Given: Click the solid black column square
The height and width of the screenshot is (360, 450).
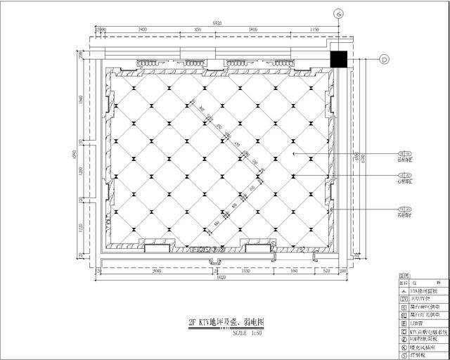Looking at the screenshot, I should click(340, 60).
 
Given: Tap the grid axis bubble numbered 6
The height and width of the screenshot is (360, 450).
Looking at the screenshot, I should click(339, 13).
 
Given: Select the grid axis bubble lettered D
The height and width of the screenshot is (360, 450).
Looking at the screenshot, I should click(385, 59).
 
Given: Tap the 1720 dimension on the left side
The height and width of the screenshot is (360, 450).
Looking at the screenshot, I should click(82, 228).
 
